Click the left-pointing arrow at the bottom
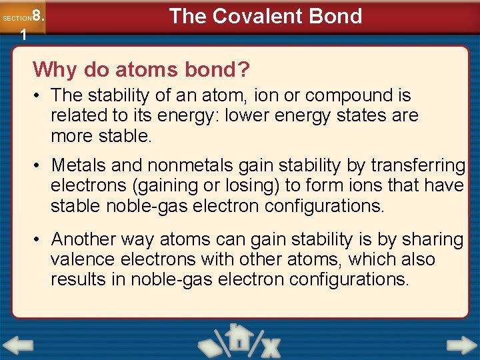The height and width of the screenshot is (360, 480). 19,345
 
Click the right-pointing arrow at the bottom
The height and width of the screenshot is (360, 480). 461,345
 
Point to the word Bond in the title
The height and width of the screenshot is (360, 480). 338,16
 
